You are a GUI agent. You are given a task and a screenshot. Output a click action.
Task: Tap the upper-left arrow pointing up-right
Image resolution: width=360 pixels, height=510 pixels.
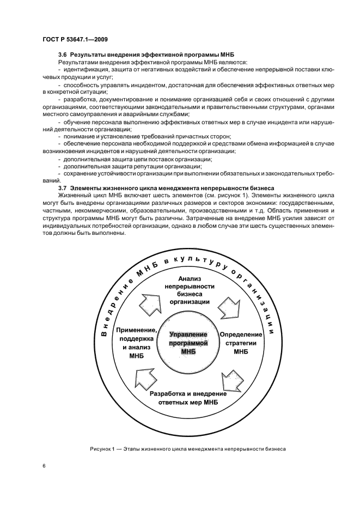pyautogui.click(x=150, y=302)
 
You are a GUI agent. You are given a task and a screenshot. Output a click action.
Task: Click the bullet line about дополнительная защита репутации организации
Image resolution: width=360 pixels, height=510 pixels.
pyautogui.click(x=126, y=166)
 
